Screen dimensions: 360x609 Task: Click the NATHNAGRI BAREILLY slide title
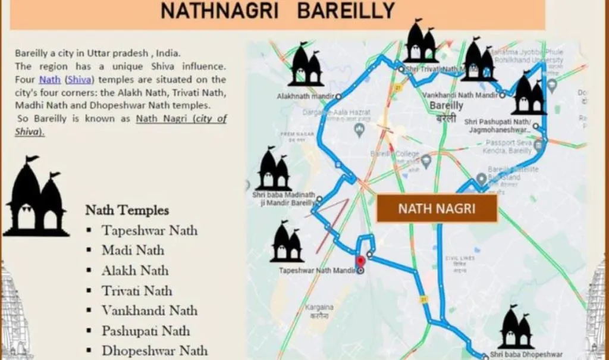point(277,11)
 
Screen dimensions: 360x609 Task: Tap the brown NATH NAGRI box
point(437,208)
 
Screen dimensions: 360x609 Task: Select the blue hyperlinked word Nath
point(50,79)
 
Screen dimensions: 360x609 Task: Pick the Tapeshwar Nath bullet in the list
point(149,230)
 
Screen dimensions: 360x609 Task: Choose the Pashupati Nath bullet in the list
point(146,330)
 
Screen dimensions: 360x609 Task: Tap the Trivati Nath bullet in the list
point(136,290)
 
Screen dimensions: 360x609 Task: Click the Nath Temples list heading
point(127,210)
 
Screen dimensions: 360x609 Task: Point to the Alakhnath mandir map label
point(306,96)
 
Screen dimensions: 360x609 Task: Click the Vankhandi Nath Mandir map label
point(460,95)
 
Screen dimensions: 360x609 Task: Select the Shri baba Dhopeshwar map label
point(526,355)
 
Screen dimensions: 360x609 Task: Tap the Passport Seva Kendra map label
point(508,146)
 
